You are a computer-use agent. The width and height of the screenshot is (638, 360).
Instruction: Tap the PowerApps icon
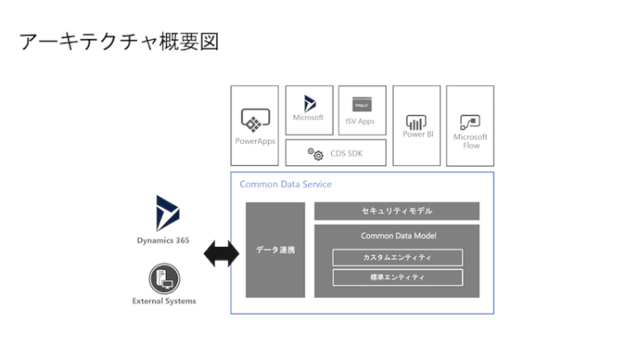254,120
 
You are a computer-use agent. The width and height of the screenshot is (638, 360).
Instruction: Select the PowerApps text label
254,140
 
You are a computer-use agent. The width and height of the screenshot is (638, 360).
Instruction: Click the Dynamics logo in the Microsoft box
309,101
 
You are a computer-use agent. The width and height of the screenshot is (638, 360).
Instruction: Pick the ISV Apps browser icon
362,104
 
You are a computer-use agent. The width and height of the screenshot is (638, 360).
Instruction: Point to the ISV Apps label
362,121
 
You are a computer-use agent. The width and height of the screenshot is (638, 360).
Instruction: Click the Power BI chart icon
417,121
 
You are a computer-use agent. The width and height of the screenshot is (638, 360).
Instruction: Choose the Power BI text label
417,134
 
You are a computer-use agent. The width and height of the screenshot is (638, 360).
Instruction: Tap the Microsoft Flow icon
470,121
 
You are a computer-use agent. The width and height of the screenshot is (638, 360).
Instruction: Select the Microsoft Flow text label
470,140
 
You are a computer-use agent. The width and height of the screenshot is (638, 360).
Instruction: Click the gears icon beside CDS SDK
316,153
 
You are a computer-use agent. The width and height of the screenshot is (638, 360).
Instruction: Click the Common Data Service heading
285,185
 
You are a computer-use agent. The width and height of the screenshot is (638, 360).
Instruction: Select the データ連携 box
275,249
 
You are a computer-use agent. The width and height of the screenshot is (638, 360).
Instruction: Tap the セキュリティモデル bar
396,210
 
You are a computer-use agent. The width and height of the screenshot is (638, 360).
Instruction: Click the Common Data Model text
396,235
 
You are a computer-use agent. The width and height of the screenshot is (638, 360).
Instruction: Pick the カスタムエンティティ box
396,257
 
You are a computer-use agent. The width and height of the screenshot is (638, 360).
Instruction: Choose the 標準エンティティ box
396,277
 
